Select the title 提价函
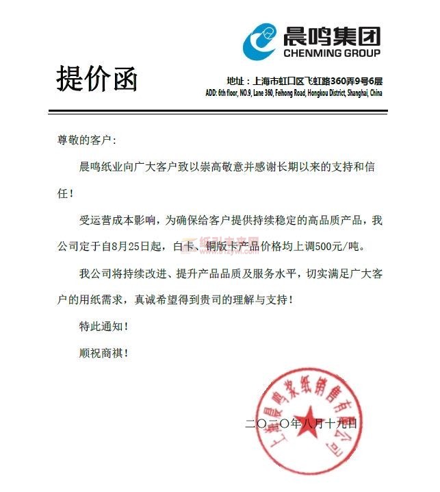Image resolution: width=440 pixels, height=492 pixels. pos(96,79)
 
